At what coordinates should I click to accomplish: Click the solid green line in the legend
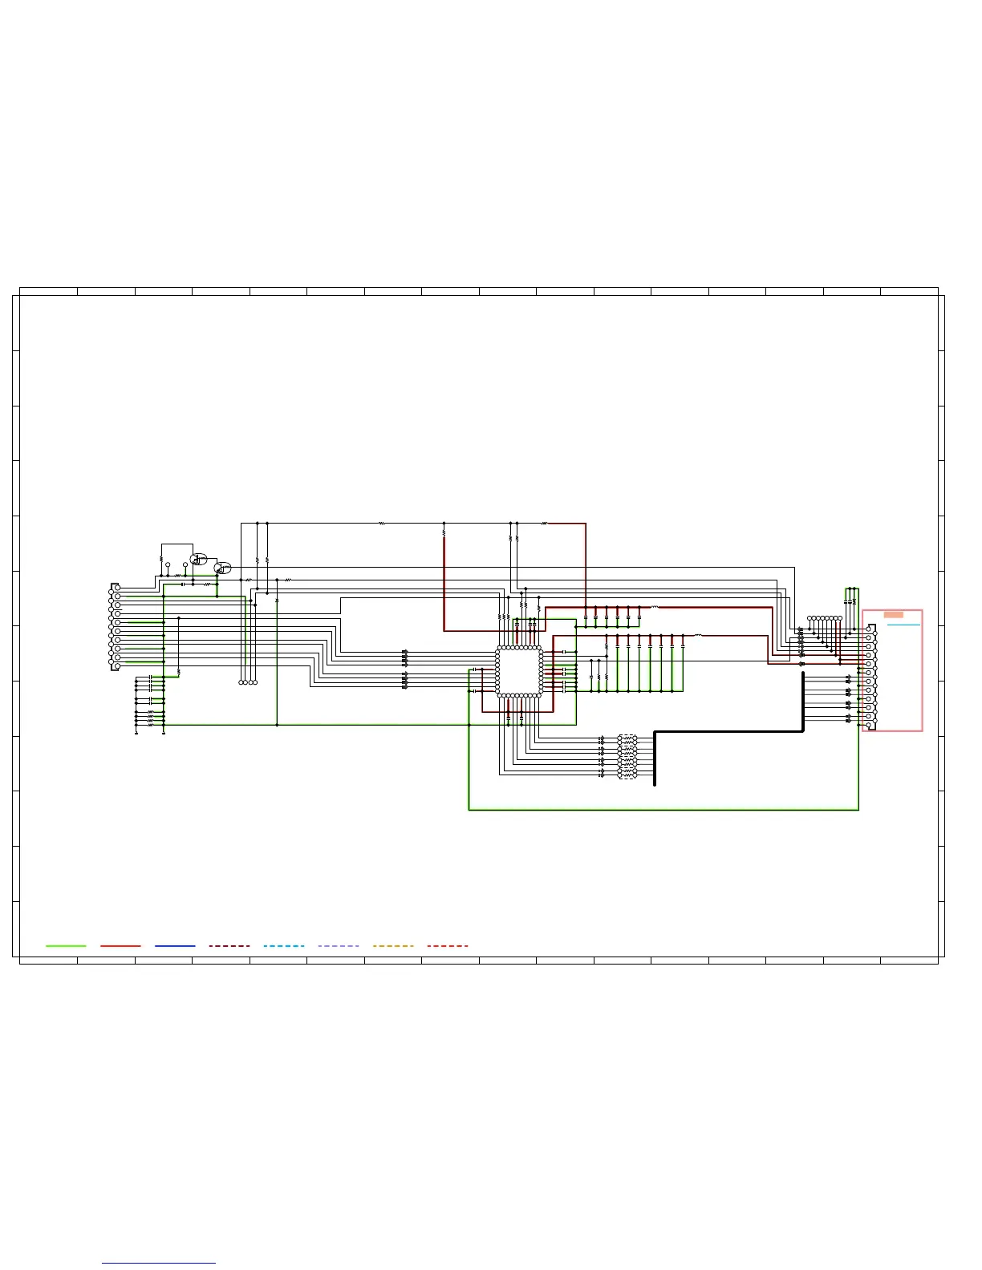[66, 946]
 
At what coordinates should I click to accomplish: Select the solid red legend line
[120, 946]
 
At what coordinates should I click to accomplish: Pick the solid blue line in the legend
[175, 946]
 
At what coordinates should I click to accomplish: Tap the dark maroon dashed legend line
[229, 946]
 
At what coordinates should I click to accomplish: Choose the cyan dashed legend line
[284, 946]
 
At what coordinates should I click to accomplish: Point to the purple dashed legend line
[339, 946]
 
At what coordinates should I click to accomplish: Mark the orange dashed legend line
[393, 946]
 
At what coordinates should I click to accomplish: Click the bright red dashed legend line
[448, 946]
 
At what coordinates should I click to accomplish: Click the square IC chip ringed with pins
[519, 671]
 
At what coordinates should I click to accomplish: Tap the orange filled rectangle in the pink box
[893, 615]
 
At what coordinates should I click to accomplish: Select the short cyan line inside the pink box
[903, 625]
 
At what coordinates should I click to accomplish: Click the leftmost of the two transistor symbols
[196, 559]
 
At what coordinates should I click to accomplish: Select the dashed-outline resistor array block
[627, 756]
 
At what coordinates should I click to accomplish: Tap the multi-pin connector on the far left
[115, 627]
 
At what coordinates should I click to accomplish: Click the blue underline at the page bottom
[159, 1264]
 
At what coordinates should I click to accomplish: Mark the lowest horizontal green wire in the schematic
[663, 810]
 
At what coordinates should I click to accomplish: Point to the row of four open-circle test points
[248, 682]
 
